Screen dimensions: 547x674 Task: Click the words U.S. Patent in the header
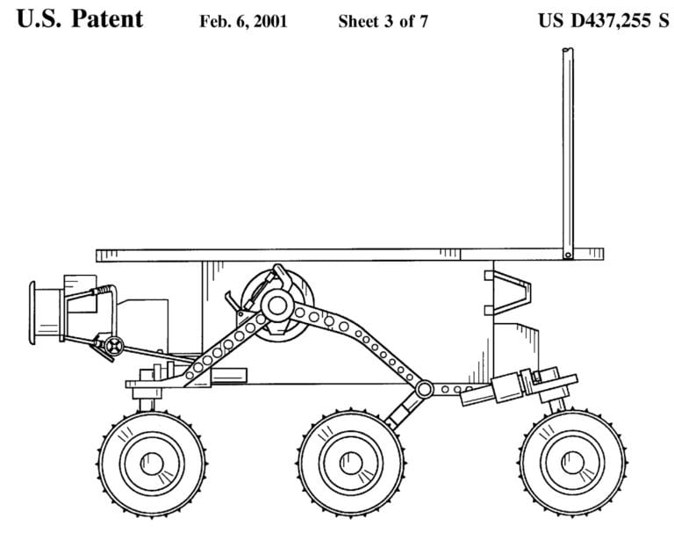79,20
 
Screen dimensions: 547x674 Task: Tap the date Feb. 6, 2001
243,22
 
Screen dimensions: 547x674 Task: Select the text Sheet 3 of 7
383,22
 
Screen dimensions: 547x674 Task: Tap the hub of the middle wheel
350,461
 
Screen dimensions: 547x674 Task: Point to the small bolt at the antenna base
568,256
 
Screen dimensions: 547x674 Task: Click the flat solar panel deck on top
325,255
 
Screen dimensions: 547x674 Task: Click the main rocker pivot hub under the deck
277,306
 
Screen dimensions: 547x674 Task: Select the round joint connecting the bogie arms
425,387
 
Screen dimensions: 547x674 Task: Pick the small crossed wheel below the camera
111,345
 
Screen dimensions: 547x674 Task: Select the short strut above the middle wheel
401,408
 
